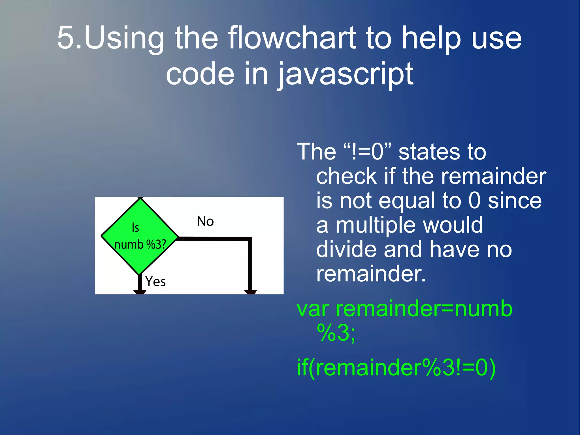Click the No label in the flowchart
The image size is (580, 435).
click(x=205, y=221)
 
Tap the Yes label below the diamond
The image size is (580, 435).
click(x=155, y=282)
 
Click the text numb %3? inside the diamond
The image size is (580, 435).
click(x=140, y=244)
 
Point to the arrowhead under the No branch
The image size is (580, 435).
click(x=250, y=292)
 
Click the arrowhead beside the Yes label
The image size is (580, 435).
click(x=140, y=292)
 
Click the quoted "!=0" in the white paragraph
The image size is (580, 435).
click(x=367, y=152)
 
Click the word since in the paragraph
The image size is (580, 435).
click(x=515, y=201)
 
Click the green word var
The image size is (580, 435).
click(x=313, y=309)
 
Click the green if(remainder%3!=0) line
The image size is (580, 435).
click(x=396, y=368)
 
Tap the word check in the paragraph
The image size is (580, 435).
click(x=346, y=177)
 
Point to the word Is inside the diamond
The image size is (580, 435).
click(x=135, y=228)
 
